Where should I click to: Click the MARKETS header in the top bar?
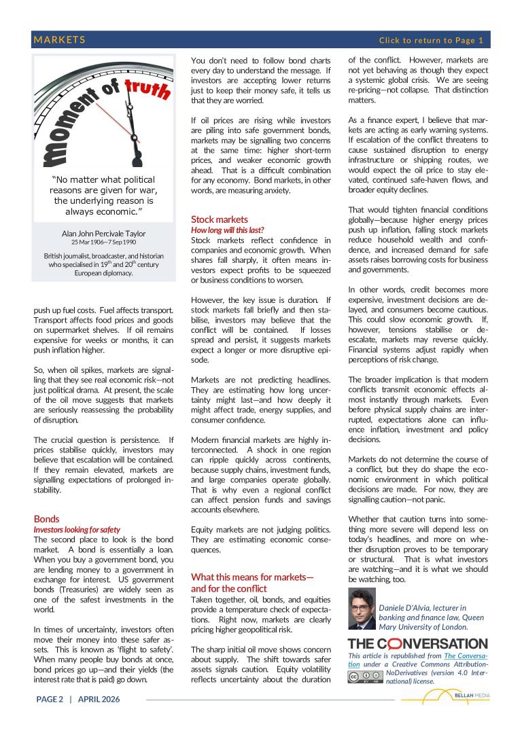click(x=60, y=40)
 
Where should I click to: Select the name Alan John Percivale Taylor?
click(x=103, y=234)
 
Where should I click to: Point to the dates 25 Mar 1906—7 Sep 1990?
click(x=103, y=242)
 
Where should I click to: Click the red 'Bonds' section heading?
click(x=47, y=518)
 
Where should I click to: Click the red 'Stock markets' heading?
click(x=220, y=219)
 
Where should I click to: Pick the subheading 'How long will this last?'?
click(x=227, y=230)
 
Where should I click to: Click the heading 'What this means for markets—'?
click(x=252, y=577)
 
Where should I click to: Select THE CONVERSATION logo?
click(x=417, y=643)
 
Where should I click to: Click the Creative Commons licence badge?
click(x=364, y=677)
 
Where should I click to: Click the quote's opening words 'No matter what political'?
click(x=103, y=180)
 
